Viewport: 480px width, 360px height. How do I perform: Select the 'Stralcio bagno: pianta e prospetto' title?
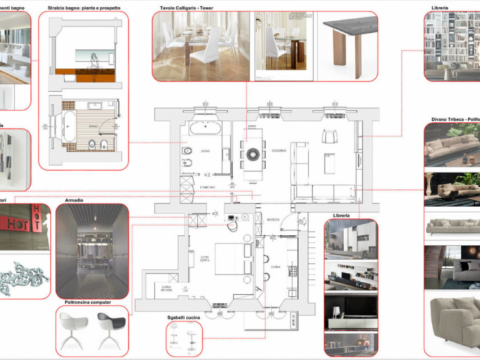[84, 8]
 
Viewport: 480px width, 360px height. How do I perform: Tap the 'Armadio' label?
[74, 200]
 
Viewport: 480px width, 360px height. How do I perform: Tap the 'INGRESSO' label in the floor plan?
[273, 219]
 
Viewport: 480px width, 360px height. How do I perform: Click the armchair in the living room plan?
[330, 136]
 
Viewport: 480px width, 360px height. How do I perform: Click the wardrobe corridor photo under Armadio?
[91, 251]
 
